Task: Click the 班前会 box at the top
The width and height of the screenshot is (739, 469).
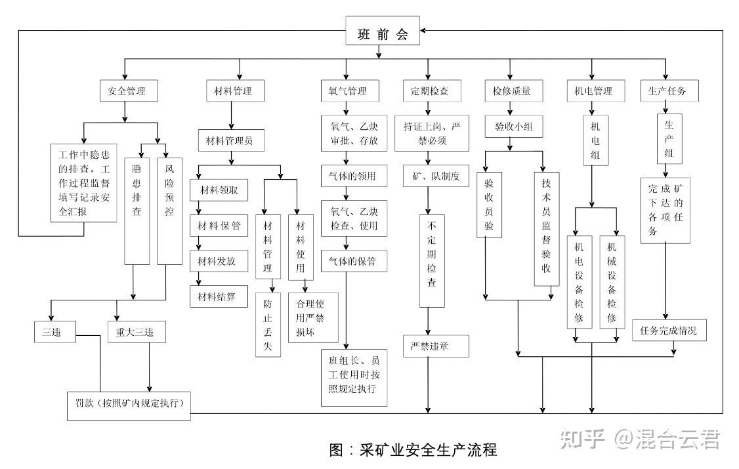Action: pos(383,35)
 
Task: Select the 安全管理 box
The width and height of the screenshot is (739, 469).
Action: pos(131,91)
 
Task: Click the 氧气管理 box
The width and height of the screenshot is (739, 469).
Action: pos(348,91)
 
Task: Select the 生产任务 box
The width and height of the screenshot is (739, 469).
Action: pos(669,91)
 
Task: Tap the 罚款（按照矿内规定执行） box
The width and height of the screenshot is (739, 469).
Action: pos(129,405)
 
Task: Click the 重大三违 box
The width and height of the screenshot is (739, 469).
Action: pos(137,332)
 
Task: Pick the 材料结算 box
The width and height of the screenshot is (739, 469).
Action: pos(219,297)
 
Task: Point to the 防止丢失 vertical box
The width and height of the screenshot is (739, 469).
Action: pos(268,325)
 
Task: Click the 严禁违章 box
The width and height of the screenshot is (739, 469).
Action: pos(436,346)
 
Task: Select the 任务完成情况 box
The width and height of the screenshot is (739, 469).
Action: pos(669,331)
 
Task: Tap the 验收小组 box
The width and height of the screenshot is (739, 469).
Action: pos(514,127)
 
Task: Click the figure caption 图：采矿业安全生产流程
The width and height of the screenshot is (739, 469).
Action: pos(413,450)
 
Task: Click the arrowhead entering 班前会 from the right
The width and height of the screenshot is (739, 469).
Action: pos(425,30)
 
